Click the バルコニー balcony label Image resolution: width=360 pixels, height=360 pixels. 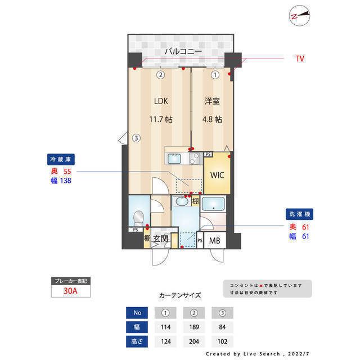tap(179, 52)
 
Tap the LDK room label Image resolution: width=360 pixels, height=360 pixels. tap(161, 101)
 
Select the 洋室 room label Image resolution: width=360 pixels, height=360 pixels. tap(212, 101)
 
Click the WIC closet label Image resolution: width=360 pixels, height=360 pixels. tap(217, 175)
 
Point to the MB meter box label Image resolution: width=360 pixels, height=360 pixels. tap(215, 241)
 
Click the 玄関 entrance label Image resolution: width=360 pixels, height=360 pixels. tap(161, 239)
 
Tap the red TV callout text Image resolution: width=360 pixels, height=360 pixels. tap(300, 58)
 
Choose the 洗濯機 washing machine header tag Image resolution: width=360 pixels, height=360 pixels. tap(299, 214)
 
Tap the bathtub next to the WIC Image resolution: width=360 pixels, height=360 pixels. tap(213, 205)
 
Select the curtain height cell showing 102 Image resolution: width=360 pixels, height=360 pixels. tap(222, 341)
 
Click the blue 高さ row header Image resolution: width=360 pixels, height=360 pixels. tap(137, 341)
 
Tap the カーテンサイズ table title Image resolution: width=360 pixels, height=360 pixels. tap(180, 295)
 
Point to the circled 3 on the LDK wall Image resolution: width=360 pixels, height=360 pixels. tap(136, 137)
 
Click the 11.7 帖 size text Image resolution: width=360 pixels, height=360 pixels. tap(161, 119)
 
